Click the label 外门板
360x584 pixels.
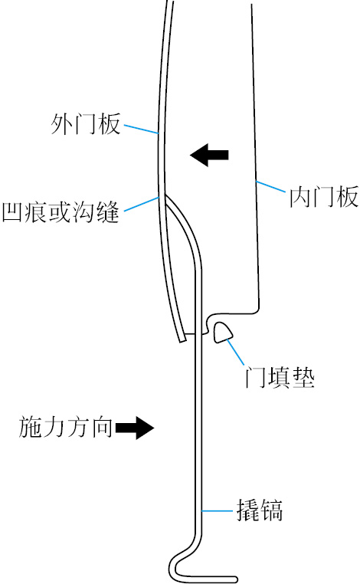(x=86, y=123)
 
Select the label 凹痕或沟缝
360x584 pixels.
(x=61, y=212)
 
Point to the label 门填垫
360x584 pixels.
(x=280, y=378)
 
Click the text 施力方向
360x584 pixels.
(x=66, y=427)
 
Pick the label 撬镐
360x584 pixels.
(x=260, y=510)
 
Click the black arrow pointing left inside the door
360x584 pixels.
(x=209, y=155)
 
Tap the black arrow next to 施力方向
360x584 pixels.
(x=135, y=428)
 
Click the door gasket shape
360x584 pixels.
(x=223, y=333)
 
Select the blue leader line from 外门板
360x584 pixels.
(x=142, y=129)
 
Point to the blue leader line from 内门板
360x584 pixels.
(x=270, y=186)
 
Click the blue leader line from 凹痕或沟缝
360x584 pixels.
(x=142, y=204)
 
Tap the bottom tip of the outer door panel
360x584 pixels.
(x=183, y=340)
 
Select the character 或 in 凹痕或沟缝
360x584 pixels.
(x=61, y=212)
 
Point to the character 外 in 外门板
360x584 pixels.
(x=62, y=123)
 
